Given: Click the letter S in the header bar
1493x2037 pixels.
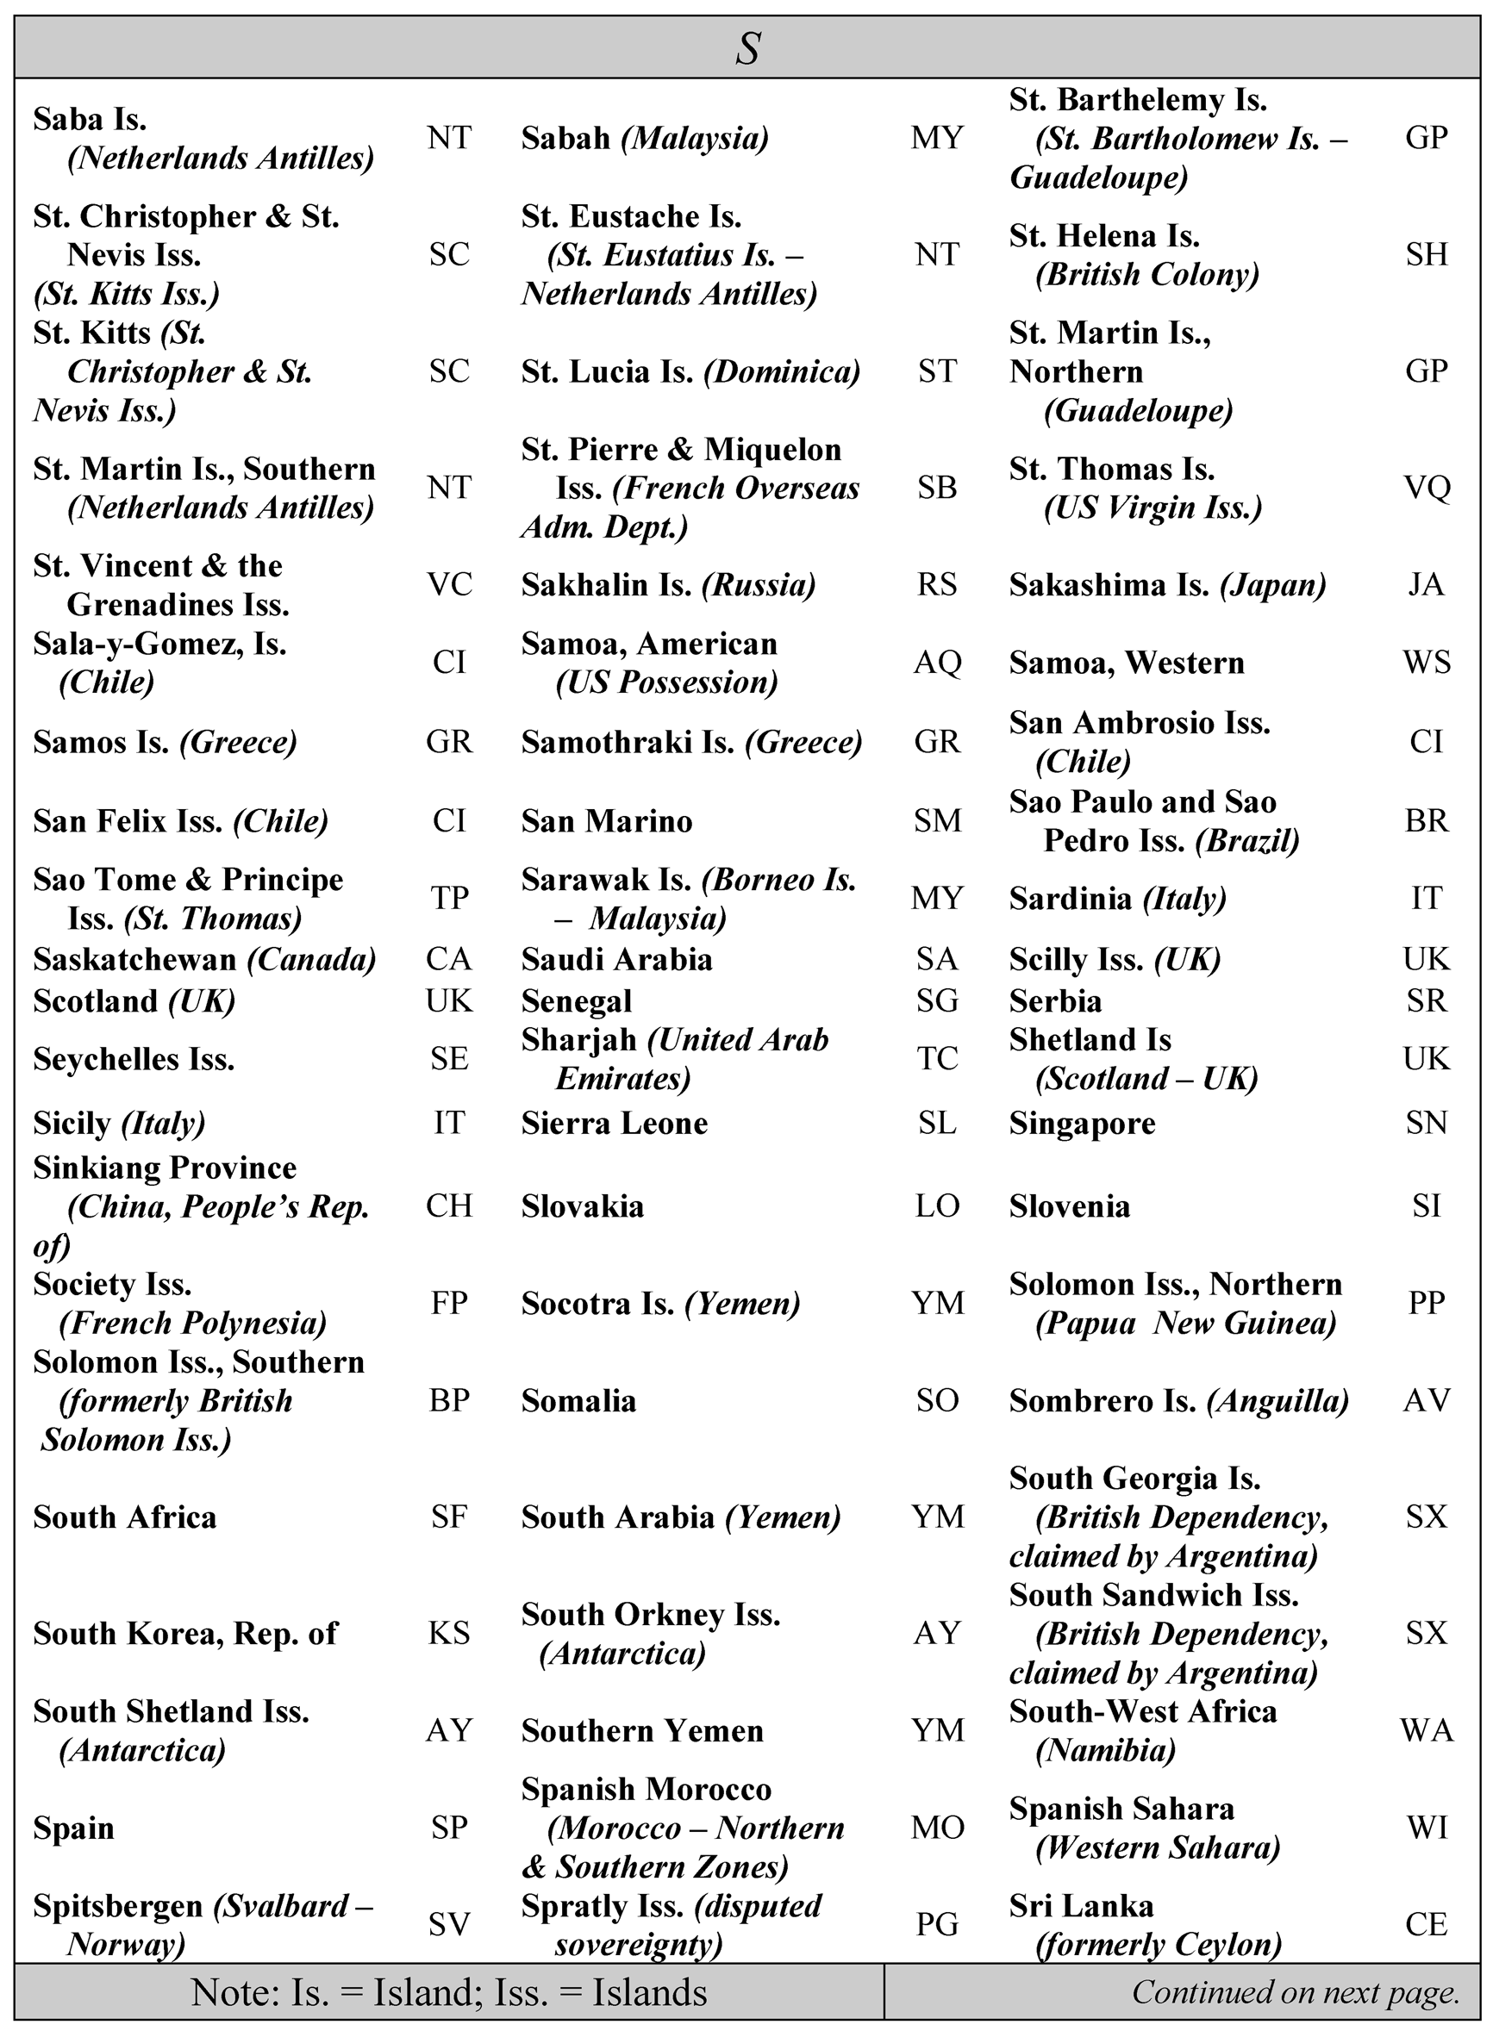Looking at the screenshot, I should tap(747, 48).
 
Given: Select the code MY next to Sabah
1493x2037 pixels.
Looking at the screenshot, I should tap(936, 138).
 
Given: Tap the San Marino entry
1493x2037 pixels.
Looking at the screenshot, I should tap(606, 821).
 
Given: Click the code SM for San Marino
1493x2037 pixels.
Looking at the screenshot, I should tap(936, 821).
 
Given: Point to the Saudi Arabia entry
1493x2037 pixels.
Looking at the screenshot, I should tap(616, 959).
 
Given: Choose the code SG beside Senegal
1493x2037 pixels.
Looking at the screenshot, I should tap(936, 1001).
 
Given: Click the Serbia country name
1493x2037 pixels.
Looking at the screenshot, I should tap(1055, 1001).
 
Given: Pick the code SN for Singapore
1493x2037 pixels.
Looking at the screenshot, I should tap(1426, 1123).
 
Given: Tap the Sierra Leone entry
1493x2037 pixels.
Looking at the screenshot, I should tap(615, 1123).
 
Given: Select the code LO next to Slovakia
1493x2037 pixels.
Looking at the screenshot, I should tap(936, 1206).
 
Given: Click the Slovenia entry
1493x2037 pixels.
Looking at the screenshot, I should tap(1069, 1206).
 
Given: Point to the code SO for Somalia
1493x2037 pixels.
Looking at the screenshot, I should tap(936, 1400).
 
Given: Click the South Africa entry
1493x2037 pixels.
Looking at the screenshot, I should tap(125, 1517).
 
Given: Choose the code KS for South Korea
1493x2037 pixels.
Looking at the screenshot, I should tap(449, 1633).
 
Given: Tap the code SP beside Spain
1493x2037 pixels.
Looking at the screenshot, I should tap(449, 1828).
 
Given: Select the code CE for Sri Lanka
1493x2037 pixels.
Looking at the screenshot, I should tap(1426, 1924).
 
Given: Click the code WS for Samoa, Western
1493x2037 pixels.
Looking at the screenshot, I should tap(1426, 663).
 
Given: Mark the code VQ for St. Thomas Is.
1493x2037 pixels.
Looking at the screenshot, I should tap(1426, 488).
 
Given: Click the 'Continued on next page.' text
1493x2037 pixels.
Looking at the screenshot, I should tap(1295, 1992).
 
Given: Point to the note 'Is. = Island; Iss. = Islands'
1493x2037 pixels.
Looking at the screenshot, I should tap(449, 1992).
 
